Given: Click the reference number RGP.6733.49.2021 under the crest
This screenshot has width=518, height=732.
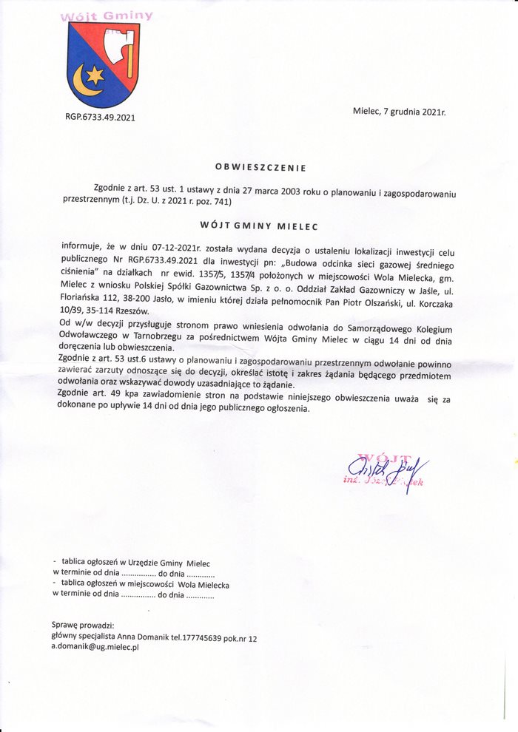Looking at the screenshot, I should point(100,117).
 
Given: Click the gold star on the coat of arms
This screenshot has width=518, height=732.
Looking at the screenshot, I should point(94,75).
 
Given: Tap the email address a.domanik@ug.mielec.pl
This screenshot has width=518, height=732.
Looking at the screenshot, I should point(95,646).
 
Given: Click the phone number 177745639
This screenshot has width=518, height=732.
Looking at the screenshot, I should point(208,637).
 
